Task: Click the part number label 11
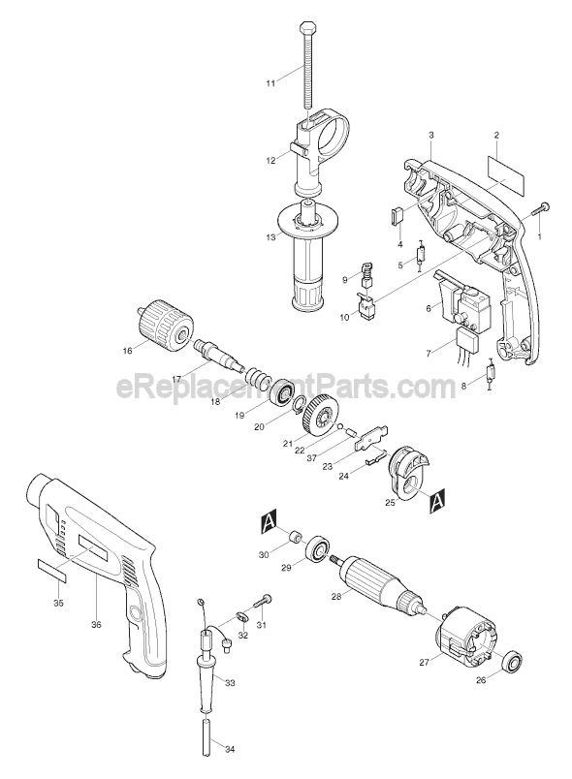tap(271, 85)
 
